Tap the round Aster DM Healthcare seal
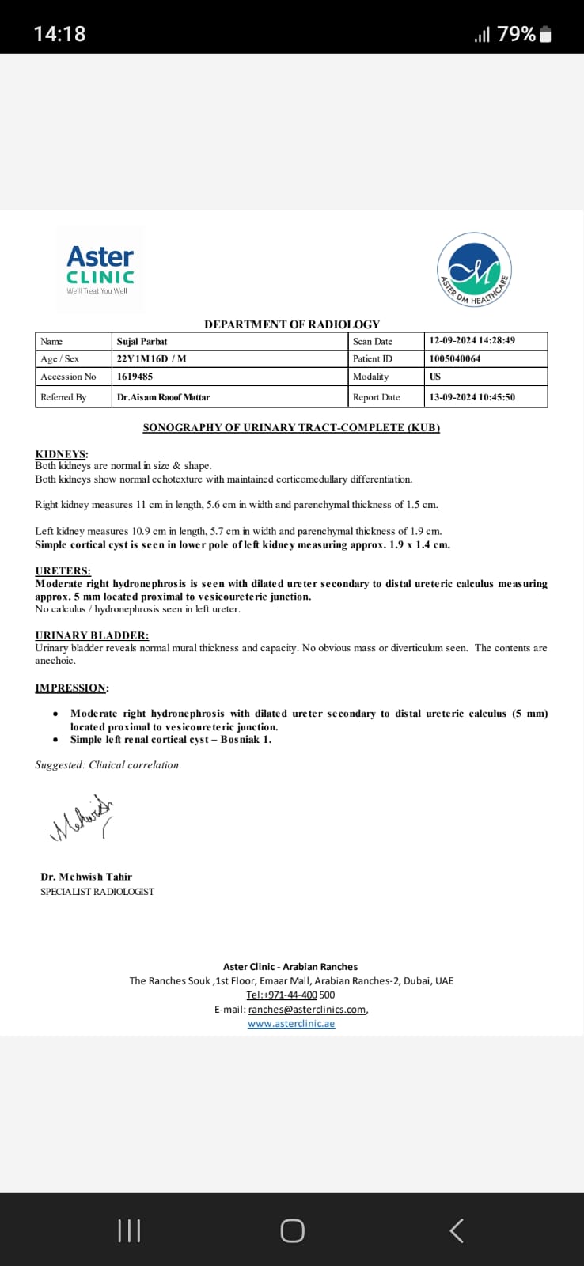474,270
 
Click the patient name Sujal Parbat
142,341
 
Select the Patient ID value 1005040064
455,358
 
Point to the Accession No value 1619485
135,377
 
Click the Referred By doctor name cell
164,397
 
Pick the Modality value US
435,377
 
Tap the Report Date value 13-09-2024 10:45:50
472,397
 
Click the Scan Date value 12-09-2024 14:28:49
472,341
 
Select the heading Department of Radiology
292,324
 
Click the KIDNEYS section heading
62,454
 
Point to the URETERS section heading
63,570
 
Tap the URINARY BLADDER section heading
92,635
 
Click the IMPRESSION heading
71,688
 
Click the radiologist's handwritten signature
82,818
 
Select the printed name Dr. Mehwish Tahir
86,877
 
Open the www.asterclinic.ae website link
291,1024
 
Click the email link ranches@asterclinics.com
307,1010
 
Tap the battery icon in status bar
545,34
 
